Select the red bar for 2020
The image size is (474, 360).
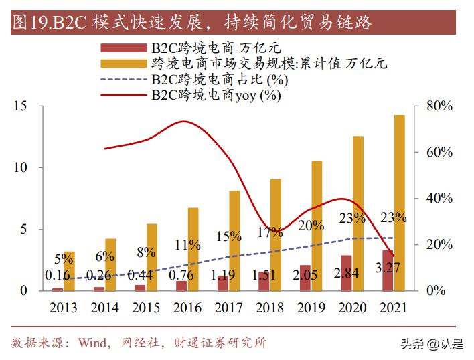click(346, 273)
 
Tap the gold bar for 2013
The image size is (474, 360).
click(69, 271)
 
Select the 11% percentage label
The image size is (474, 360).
click(187, 245)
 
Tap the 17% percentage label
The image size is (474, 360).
click(270, 233)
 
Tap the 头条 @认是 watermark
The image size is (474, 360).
click(431, 344)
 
